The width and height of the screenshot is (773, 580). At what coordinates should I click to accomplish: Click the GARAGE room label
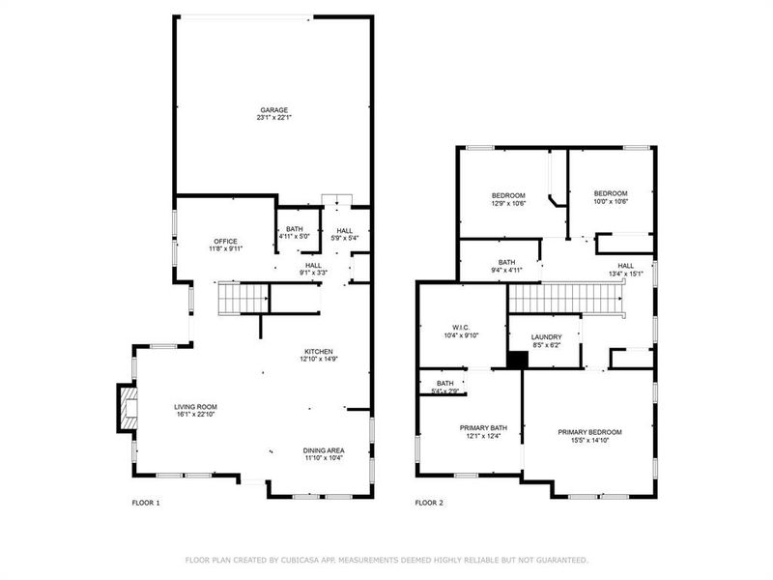coord(272,110)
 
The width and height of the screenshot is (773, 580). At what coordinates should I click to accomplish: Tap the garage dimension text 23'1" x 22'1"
coord(272,118)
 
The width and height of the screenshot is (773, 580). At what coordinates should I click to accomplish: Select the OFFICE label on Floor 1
coord(225,241)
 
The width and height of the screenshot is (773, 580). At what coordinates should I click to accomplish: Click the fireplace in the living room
coord(127,407)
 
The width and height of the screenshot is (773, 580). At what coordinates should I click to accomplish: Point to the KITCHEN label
coord(319,351)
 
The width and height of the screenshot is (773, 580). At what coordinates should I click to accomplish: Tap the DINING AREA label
coord(324,450)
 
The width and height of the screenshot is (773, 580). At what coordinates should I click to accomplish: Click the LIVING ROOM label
coord(195,407)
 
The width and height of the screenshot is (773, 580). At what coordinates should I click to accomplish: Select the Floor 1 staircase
coord(241,299)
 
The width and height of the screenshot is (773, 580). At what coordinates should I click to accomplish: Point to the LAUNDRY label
coord(546,337)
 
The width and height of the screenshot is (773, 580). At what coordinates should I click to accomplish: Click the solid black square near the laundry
coord(518,359)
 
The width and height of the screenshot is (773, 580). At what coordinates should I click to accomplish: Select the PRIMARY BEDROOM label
coord(589,431)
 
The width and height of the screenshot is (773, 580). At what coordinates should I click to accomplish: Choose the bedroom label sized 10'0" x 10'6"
coord(611,193)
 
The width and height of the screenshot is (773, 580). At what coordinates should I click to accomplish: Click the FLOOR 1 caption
coord(146,503)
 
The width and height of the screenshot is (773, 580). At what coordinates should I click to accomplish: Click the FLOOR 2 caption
coord(429,503)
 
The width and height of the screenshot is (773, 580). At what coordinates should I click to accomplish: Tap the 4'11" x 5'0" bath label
coord(293,229)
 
